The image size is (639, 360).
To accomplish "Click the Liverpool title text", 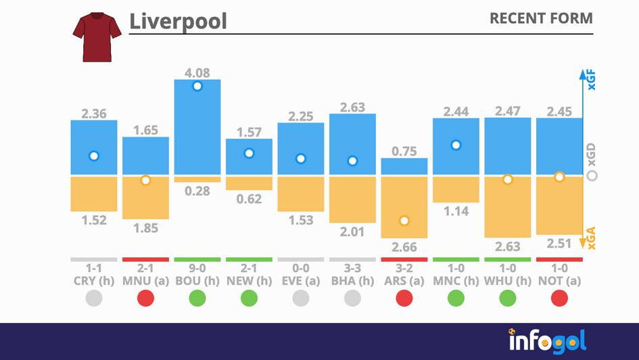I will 178,21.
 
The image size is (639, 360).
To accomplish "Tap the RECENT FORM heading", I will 540,18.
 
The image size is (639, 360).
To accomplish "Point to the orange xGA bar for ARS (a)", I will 404,207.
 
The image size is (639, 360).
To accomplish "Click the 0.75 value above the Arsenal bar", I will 404,152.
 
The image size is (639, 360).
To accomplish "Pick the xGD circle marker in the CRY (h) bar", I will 94,156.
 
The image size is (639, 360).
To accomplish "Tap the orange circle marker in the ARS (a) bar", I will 404,221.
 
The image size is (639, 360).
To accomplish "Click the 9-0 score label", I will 197,267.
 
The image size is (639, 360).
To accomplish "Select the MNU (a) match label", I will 145,280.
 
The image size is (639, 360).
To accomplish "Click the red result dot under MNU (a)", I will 145,298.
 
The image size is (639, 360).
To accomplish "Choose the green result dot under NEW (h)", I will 249,298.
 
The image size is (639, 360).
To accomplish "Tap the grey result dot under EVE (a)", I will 300,298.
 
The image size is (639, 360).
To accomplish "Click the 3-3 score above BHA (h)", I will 352,267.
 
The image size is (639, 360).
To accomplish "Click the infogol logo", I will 548,340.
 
